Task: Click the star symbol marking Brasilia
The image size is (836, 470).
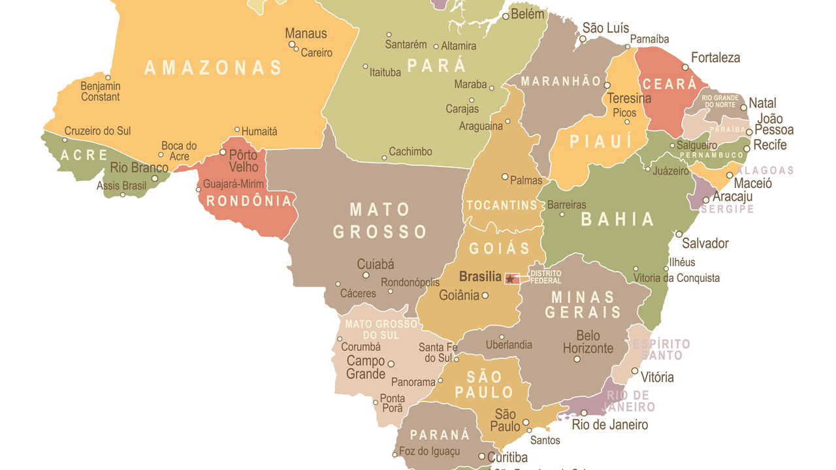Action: (x=510, y=279)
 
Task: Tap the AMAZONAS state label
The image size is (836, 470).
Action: (x=213, y=68)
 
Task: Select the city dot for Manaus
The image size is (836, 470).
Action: (x=292, y=44)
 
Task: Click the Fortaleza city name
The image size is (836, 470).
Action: (x=715, y=57)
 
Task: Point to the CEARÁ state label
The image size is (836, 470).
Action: (x=670, y=84)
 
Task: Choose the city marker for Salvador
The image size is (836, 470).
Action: (x=679, y=234)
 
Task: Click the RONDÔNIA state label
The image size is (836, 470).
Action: (x=249, y=201)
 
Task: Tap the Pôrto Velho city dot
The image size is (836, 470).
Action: (x=223, y=152)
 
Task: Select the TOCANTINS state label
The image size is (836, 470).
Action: (x=502, y=206)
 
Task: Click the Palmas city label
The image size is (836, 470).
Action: (x=526, y=180)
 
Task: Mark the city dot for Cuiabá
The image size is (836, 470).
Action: (x=366, y=275)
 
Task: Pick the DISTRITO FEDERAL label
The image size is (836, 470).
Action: (x=545, y=277)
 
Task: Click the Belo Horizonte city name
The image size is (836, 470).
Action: (x=588, y=342)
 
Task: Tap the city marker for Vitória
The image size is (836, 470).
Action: (x=634, y=371)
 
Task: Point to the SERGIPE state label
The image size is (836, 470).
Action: (x=727, y=210)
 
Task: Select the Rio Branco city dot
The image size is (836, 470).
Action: (x=155, y=178)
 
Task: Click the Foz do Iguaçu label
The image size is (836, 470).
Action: (x=429, y=451)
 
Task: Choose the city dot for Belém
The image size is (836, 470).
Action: (x=505, y=16)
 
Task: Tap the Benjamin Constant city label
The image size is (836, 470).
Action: (x=101, y=91)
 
